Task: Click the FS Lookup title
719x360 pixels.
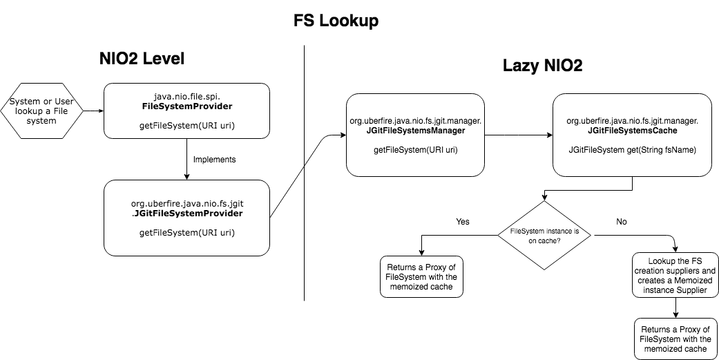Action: coord(336,21)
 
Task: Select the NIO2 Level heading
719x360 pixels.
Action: coord(142,59)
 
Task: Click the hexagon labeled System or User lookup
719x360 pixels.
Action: coord(43,110)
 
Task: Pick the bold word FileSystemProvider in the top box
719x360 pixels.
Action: coord(186,107)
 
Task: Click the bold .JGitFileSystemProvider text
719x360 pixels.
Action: coord(186,214)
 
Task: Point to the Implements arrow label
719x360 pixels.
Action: coord(214,159)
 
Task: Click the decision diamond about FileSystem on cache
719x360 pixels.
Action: coord(544,235)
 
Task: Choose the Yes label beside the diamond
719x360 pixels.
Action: coord(463,222)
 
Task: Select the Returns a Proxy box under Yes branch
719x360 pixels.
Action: coord(421,276)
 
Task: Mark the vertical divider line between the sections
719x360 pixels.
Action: coord(305,173)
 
